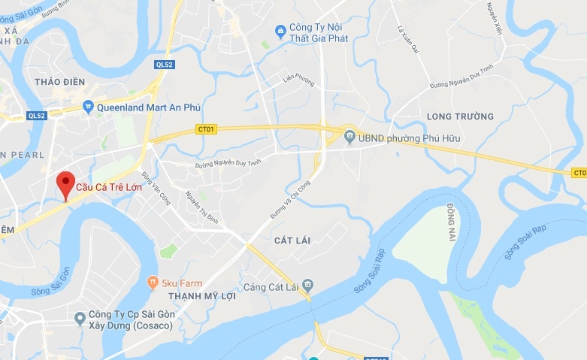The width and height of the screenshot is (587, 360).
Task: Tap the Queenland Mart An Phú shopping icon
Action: coord(89,107)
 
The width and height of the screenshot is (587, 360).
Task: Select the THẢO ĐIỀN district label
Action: coord(59,81)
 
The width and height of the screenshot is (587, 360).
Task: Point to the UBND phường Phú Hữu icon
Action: coord(349,138)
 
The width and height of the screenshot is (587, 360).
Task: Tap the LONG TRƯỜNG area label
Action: coord(460,116)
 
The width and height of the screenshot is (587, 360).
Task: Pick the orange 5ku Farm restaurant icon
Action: coord(153,283)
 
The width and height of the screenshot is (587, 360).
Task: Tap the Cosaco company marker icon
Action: coord(80,319)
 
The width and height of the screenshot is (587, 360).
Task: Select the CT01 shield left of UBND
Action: coord(205,129)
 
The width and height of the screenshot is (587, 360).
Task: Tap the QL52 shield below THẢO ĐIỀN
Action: coord(36,115)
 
